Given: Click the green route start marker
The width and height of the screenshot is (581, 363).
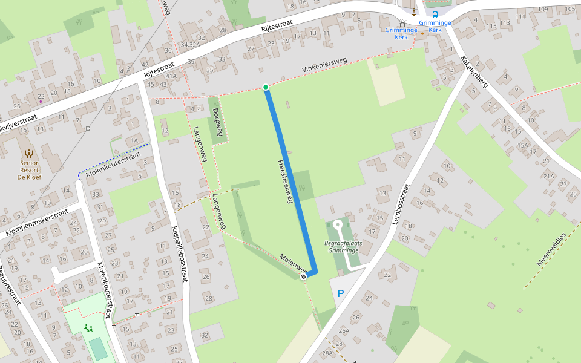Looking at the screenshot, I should [x=266, y=88].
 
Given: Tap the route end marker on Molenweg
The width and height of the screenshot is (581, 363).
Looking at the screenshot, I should [x=304, y=276].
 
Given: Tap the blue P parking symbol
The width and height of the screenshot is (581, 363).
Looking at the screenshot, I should [x=340, y=294].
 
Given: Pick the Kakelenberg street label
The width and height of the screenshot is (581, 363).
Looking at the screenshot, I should [x=474, y=72].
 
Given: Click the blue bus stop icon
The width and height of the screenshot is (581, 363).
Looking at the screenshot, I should [x=435, y=15].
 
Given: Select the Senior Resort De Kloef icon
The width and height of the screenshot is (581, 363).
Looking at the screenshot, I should [x=29, y=153].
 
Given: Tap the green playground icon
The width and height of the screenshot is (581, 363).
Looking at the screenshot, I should [x=89, y=328].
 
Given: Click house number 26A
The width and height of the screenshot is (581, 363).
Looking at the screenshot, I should [x=344, y=330].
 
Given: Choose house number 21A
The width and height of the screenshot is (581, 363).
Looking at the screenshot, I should [x=548, y=176].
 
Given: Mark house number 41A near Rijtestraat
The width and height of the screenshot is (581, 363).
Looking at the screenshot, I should [x=171, y=76].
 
